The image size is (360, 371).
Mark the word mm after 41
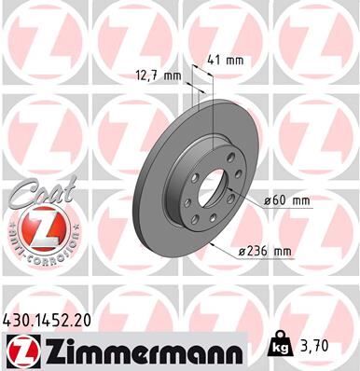pos(236,61)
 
